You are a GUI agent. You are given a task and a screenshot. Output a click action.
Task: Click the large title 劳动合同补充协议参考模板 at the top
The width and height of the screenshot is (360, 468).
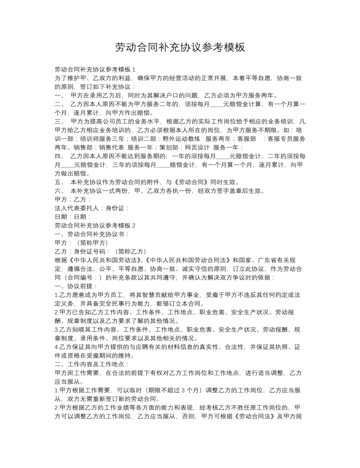pyautogui.click(x=180, y=47)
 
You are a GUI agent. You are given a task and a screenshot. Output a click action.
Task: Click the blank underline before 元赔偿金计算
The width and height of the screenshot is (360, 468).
pyautogui.click(x=217, y=104)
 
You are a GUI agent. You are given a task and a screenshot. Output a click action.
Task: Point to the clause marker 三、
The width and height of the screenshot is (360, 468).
pyautogui.click(x=61, y=121)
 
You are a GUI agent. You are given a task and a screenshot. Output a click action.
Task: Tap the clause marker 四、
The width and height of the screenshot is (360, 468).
pyautogui.click(x=61, y=156)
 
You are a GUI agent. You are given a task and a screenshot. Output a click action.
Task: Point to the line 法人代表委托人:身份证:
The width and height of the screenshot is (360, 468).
pyautogui.click(x=92, y=208)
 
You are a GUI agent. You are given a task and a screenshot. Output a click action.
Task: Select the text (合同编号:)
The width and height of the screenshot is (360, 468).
pyautogui.click(x=85, y=277)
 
